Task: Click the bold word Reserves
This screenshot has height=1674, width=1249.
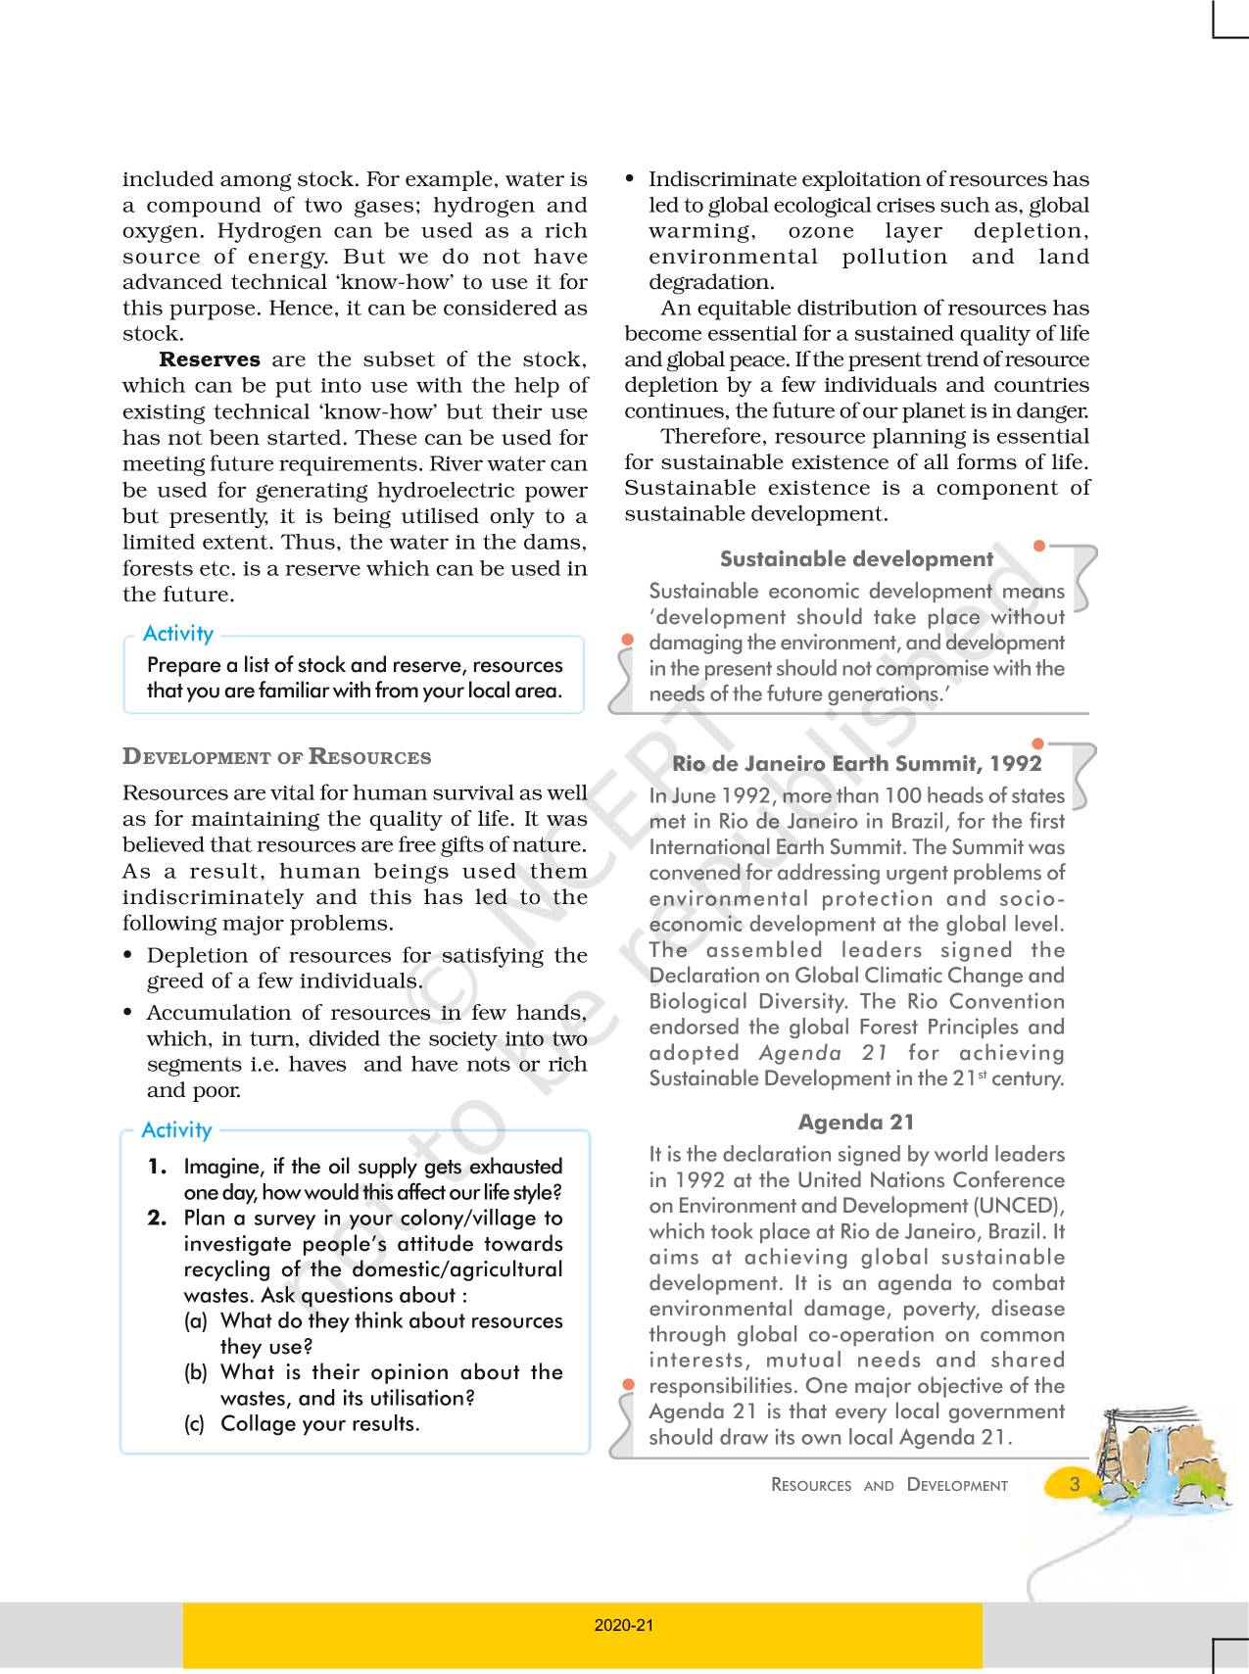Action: [210, 359]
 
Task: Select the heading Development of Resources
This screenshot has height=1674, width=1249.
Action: [276, 756]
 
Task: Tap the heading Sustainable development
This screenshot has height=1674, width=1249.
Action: [856, 559]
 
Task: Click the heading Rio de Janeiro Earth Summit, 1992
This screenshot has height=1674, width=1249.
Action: [856, 764]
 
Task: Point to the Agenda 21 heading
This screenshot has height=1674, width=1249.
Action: [856, 1123]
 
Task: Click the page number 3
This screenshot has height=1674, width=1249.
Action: [1075, 1484]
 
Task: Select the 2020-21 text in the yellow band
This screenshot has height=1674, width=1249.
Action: [624, 1625]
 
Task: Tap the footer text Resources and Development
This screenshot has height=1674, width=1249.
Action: [889, 1485]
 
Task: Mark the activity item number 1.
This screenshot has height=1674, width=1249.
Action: [157, 1167]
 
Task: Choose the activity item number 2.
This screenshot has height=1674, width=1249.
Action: [157, 1219]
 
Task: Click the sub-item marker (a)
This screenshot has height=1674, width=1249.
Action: [196, 1321]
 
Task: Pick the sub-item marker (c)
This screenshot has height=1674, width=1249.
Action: [195, 1424]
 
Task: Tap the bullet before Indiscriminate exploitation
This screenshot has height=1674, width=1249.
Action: [630, 179]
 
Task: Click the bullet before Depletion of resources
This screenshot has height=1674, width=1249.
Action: [128, 956]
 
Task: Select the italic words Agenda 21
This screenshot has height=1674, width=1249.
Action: [823, 1053]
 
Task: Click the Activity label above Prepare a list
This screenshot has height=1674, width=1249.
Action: [178, 634]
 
